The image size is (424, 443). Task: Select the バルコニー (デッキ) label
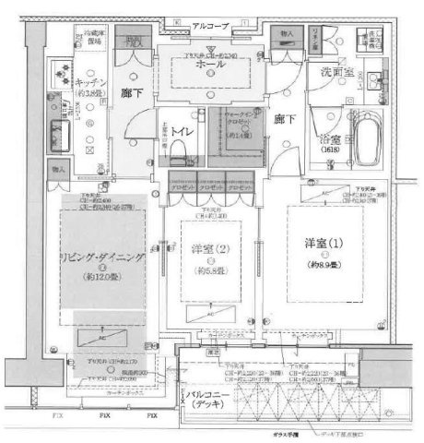pyautogui.click(x=210, y=401)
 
